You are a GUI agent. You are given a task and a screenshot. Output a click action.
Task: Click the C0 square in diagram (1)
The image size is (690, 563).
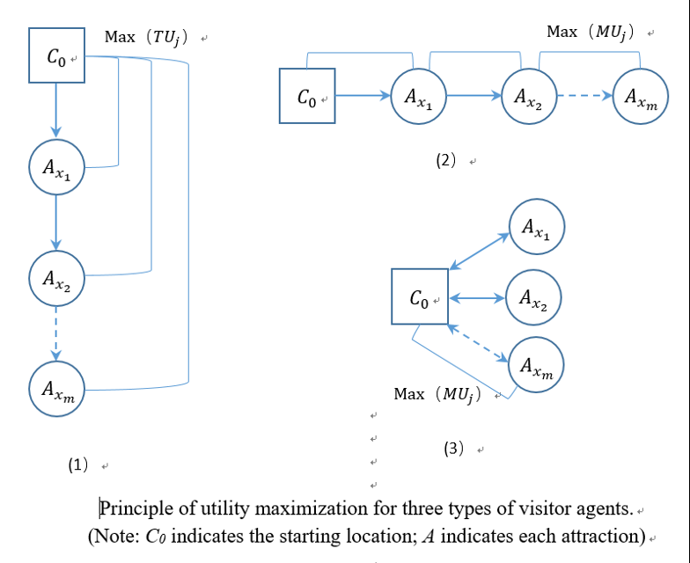tap(56, 55)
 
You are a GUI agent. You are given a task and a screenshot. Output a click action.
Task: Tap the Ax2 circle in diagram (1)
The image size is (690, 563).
tap(56, 276)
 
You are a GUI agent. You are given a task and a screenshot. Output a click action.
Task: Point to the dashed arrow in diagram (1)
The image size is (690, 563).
tap(56, 332)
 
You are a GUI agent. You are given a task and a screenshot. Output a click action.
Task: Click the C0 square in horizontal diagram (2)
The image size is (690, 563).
tap(307, 96)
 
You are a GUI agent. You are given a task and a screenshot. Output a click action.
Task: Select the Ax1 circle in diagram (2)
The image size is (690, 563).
tap(418, 96)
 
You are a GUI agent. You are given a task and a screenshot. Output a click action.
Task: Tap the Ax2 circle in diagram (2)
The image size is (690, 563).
tap(529, 96)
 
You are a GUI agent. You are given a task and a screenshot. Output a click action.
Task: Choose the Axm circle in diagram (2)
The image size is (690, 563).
tap(640, 96)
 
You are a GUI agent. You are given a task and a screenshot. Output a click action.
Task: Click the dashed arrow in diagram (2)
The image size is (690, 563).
tap(584, 96)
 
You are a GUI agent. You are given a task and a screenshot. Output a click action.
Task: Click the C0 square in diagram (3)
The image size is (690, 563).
tap(420, 298)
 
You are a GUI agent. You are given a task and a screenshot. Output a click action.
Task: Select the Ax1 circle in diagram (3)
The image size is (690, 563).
tap(536, 228)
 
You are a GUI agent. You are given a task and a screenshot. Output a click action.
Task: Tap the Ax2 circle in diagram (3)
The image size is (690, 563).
tap(533, 297)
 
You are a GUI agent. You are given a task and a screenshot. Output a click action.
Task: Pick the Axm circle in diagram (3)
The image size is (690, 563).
tap(536, 365)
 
